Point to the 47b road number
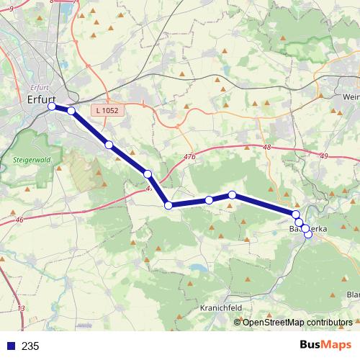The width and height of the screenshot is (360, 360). tap(190, 156)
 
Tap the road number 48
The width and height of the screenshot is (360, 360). tap(267, 148)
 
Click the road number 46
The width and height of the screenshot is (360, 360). tap(19, 220)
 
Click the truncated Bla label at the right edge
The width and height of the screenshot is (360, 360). tap(353, 294)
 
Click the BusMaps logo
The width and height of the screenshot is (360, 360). tap(325, 345)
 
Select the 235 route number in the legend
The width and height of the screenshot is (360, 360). tap(30, 346)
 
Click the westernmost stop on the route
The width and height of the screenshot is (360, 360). tap(52, 107)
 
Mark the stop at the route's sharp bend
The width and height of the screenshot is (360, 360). tap(168, 206)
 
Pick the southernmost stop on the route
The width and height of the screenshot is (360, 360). tap(308, 235)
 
